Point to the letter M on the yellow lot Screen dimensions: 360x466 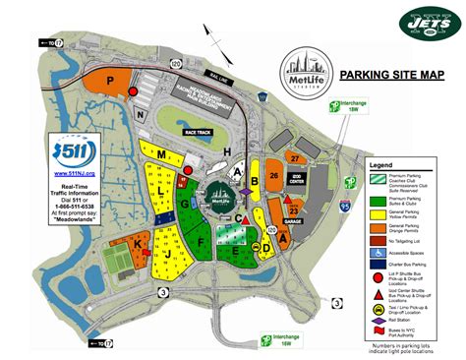[159, 155]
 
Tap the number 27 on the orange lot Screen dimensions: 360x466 [294, 157]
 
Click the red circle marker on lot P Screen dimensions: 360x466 [134, 91]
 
